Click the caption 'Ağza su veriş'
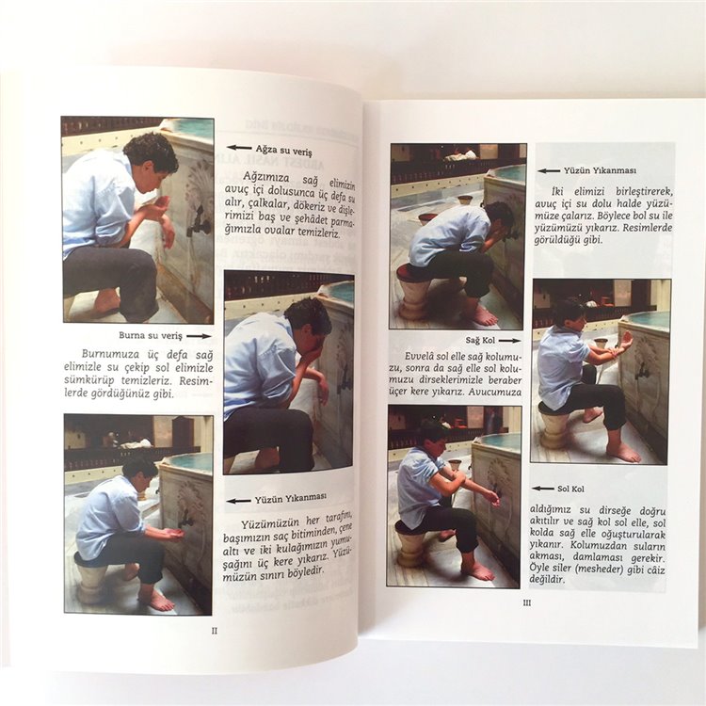pos(283,150)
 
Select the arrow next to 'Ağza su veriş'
pos(239,147)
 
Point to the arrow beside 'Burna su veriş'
pos(199,336)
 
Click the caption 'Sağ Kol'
pos(480,341)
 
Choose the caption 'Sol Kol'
pos(571,489)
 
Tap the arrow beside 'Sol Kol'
pos(543,489)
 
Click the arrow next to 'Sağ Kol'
pos(509,341)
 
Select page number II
pos(215,631)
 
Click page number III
pos(526,602)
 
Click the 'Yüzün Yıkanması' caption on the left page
pos(291,498)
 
